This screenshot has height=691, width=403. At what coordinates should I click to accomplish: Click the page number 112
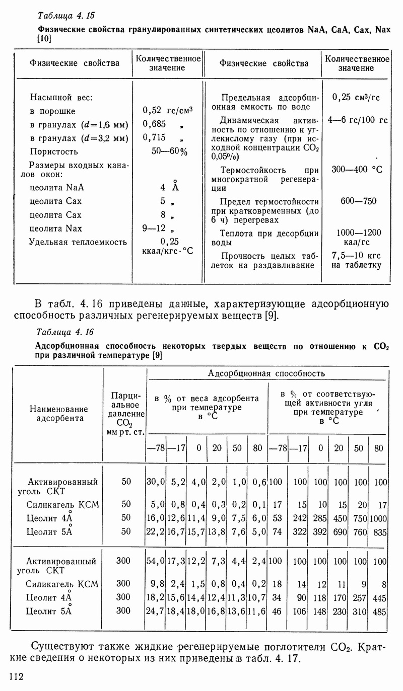(x=17, y=676)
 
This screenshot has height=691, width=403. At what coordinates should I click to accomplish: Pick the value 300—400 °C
(x=357, y=170)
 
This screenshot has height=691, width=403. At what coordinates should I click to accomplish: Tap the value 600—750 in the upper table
(x=359, y=201)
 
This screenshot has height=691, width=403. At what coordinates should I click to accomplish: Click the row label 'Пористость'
(x=54, y=151)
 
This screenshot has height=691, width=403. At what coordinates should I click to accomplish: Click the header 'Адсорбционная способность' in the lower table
(x=266, y=373)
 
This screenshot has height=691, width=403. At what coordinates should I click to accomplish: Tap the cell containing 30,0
(x=156, y=482)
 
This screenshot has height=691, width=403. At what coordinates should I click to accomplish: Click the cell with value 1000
(x=378, y=517)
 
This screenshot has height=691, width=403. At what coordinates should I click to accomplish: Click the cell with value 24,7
(x=156, y=611)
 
